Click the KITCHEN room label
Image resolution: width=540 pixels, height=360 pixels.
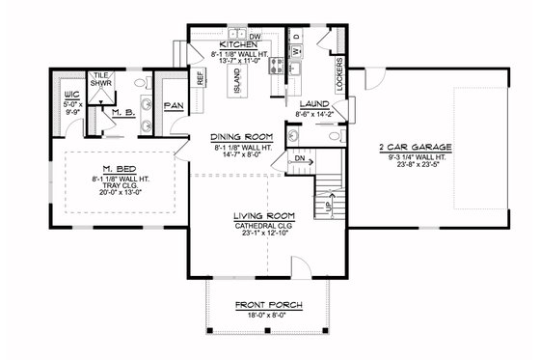click(x=236, y=45)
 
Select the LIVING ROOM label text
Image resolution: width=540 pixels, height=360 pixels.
click(x=263, y=215)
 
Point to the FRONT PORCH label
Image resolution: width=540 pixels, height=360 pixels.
click(x=268, y=306)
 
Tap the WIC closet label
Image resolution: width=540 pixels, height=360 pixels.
click(x=70, y=95)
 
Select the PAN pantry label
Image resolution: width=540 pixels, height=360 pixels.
click(x=175, y=105)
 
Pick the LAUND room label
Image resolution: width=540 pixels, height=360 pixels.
click(x=314, y=103)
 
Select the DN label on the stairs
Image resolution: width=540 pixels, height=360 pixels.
click(x=300, y=158)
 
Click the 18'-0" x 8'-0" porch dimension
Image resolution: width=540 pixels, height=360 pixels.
click(x=268, y=317)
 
